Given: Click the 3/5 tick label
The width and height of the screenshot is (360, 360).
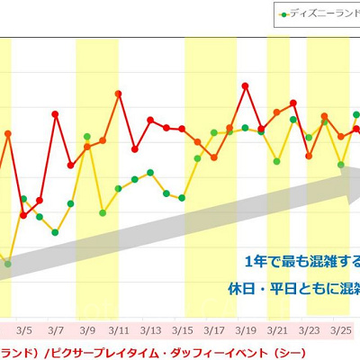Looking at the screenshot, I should pyautogui.click(x=24, y=329).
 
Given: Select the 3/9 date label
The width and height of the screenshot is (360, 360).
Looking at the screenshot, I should pyautogui.click(x=87, y=329).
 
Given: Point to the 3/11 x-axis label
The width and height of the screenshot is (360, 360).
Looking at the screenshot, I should pyautogui.click(x=119, y=329).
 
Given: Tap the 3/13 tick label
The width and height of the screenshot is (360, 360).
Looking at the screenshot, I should pyautogui.click(x=150, y=329).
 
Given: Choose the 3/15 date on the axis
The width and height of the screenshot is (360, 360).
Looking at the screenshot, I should pyautogui.click(x=182, y=329).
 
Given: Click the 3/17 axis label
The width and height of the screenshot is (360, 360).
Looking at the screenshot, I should pyautogui.click(x=213, y=329).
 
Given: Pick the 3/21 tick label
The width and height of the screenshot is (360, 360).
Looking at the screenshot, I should pyautogui.click(x=276, y=329).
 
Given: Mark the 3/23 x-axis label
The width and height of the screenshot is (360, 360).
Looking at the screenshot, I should pyautogui.click(x=308, y=329).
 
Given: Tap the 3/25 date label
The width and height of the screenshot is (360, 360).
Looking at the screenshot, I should pyautogui.click(x=339, y=329).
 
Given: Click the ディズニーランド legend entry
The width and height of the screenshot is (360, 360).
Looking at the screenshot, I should pyautogui.click(x=319, y=14).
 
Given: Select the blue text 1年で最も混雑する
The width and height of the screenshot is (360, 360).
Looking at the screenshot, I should pyautogui.click(x=301, y=262).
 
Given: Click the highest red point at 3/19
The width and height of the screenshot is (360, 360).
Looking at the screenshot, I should pyautogui.click(x=245, y=86).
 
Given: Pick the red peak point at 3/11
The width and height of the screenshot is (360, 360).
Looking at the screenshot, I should pyautogui.click(x=119, y=93).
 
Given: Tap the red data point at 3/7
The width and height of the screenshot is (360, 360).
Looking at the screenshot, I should pyautogui.click(x=56, y=113).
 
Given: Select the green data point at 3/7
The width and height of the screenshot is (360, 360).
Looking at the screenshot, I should pyautogui.click(x=56, y=232).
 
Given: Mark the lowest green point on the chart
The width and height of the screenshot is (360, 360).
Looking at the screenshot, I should pyautogui.click(x=8, y=264).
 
